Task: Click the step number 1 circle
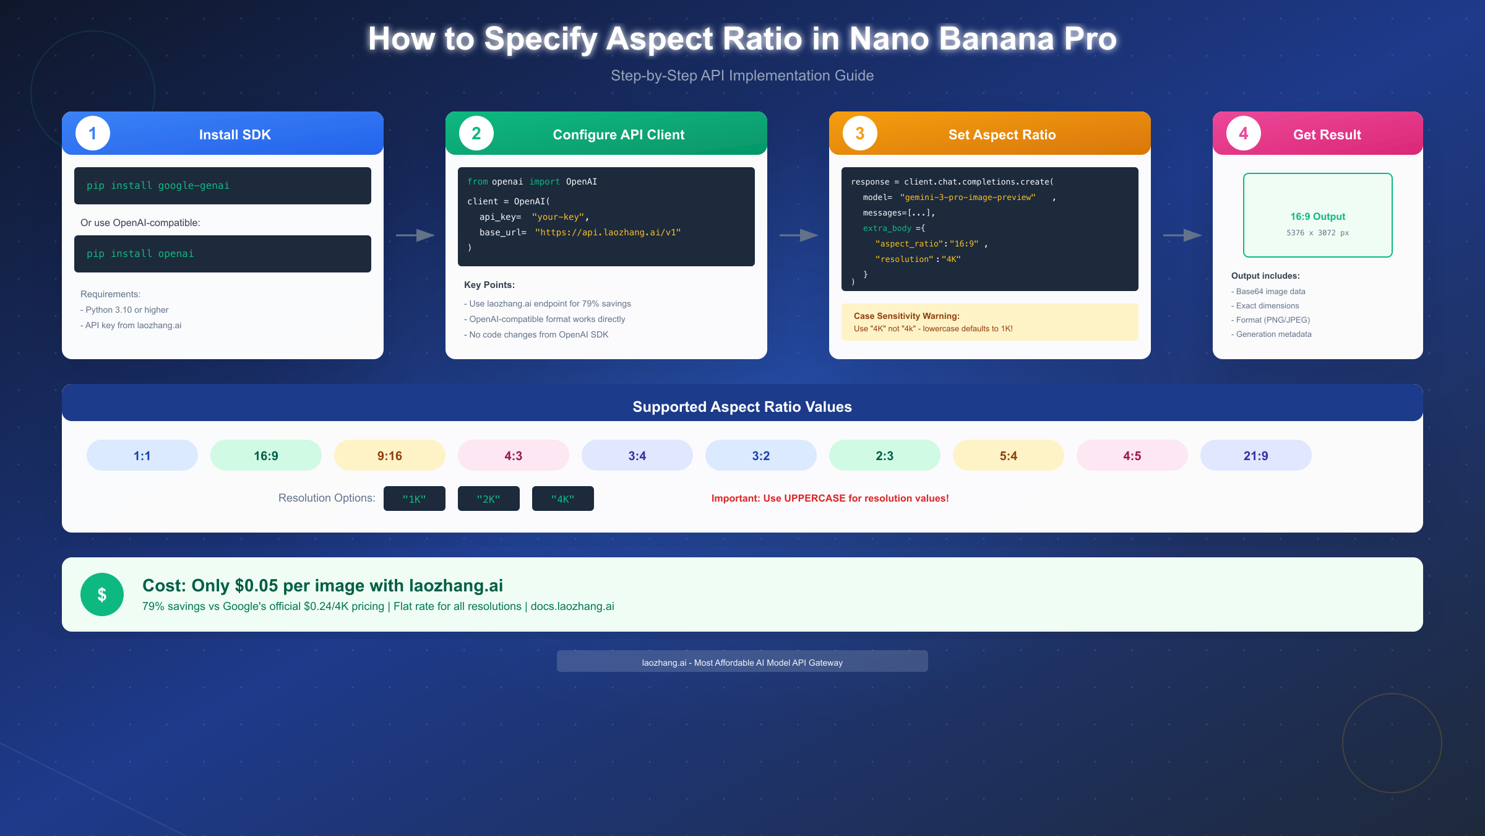pyautogui.click(x=93, y=133)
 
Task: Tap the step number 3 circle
pyautogui.click(x=860, y=133)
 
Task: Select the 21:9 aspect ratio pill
pyautogui.click(x=1256, y=455)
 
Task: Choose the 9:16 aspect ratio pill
pyautogui.click(x=390, y=455)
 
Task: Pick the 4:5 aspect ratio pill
pyautogui.click(x=1132, y=455)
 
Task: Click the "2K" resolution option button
pyautogui.click(x=489, y=499)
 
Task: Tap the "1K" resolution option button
pyautogui.click(x=415, y=499)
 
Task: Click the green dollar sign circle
pyautogui.click(x=102, y=594)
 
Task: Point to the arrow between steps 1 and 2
pyautogui.click(x=415, y=235)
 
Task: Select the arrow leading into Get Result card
pyautogui.click(x=1182, y=235)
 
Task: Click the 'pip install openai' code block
pyautogui.click(x=223, y=254)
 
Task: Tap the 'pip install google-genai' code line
pyautogui.click(x=158, y=186)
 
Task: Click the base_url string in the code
pyautogui.click(x=608, y=232)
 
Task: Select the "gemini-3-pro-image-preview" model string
pyautogui.click(x=968, y=198)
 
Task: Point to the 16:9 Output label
pyautogui.click(x=1318, y=217)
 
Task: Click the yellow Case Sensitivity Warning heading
pyautogui.click(x=906, y=316)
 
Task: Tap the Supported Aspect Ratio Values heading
pyautogui.click(x=742, y=407)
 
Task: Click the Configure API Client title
pyautogui.click(x=619, y=135)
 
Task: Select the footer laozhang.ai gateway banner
pyautogui.click(x=742, y=661)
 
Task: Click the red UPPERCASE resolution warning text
pyautogui.click(x=830, y=499)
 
